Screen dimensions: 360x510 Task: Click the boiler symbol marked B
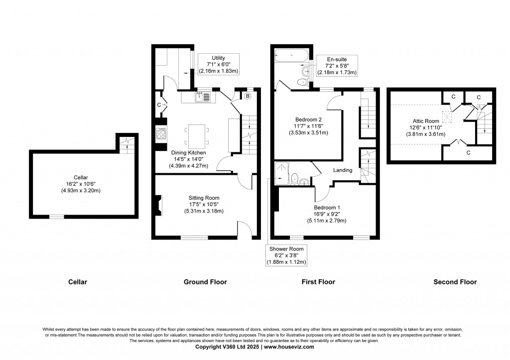pos(247,96)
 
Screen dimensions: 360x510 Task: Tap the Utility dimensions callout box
pos(219,65)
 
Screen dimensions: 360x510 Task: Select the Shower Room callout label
pos(286,255)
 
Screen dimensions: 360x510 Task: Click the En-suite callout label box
pos(337,66)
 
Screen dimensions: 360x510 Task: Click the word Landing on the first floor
pos(343,170)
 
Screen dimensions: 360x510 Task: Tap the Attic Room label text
pos(425,120)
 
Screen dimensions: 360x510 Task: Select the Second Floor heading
pos(455,282)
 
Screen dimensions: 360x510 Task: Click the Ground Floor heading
pos(205,282)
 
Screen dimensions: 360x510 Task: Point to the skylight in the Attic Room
pos(447,118)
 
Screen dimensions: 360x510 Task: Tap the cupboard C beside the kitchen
pos(159,105)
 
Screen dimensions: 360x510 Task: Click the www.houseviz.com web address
pos(288,347)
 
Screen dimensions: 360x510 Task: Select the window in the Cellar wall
pos(56,217)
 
